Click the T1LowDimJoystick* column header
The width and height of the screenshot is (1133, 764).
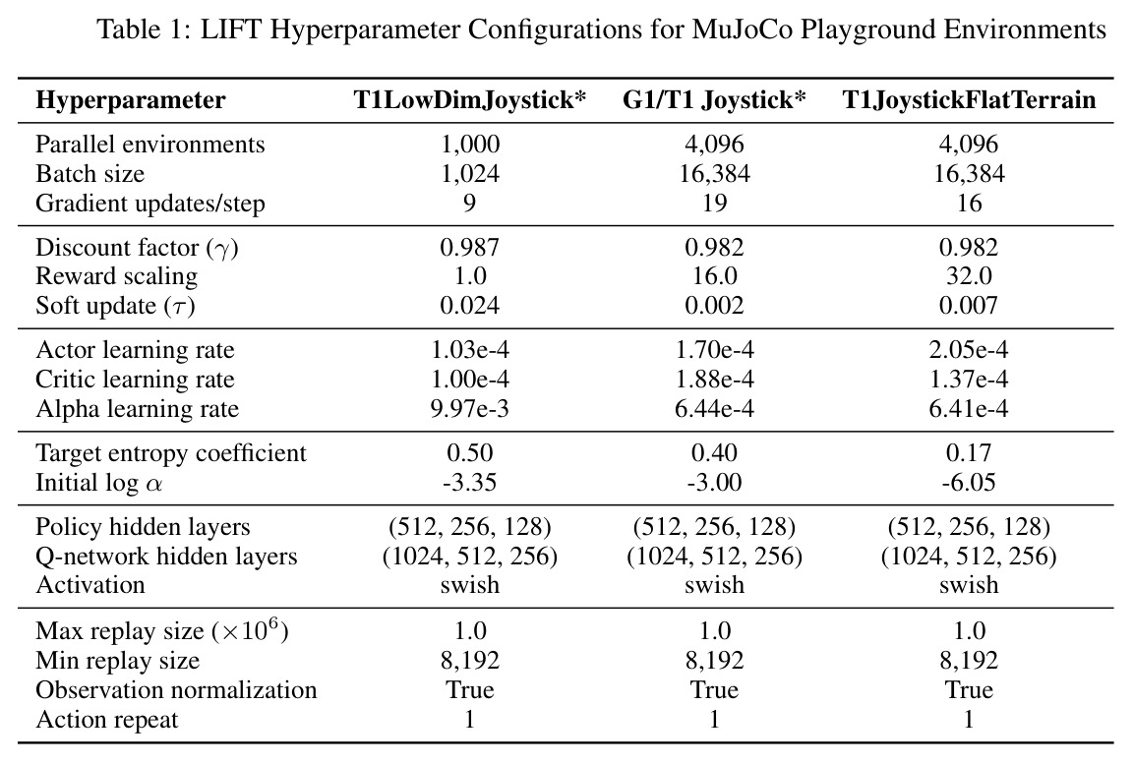click(x=470, y=99)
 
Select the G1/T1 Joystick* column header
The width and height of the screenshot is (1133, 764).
click(x=714, y=99)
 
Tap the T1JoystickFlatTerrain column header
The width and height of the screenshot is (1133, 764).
click(x=968, y=99)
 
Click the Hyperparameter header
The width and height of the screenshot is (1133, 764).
click(x=131, y=100)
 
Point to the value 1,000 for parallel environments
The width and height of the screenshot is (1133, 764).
click(x=470, y=145)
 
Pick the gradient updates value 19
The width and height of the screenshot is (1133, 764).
click(x=714, y=203)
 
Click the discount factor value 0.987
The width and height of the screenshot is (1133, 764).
click(x=470, y=248)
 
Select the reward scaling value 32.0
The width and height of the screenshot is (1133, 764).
click(x=968, y=276)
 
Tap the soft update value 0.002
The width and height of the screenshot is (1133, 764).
click(x=714, y=306)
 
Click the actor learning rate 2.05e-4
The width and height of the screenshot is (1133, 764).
click(x=968, y=350)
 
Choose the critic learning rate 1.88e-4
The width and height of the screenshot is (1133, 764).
click(x=714, y=380)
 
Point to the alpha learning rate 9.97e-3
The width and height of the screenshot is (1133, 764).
click(x=470, y=409)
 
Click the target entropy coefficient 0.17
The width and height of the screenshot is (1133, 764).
click(x=968, y=453)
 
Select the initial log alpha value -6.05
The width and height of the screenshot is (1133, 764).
click(x=968, y=483)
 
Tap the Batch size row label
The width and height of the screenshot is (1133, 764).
click(x=89, y=174)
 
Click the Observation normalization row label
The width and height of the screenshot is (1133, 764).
click(x=176, y=690)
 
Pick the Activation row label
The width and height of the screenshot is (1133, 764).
click(x=90, y=585)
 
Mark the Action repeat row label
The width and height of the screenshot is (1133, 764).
click(x=107, y=720)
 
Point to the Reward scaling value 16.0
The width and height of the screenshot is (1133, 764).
click(x=714, y=276)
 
